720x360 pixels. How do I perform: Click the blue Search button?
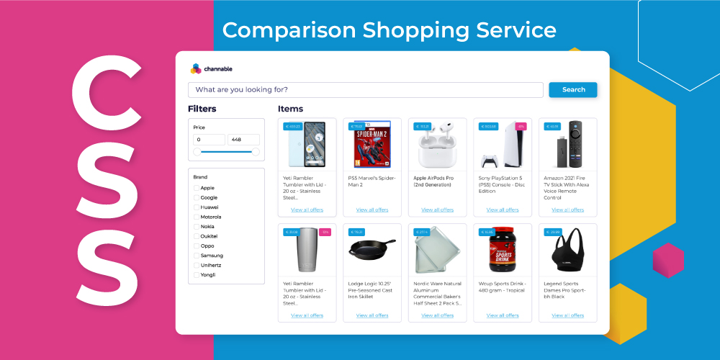573,90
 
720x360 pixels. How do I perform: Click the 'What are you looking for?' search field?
365,90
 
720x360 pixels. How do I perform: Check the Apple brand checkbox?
197,188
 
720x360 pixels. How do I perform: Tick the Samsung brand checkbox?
197,256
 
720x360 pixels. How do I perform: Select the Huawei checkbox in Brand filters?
197,207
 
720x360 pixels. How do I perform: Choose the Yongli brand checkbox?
197,275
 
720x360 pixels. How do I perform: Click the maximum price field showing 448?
243,140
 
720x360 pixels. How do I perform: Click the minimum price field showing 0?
209,140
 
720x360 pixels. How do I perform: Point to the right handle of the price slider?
256,152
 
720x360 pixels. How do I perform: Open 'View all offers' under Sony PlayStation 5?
503,210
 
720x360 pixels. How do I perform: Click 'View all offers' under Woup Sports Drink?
503,315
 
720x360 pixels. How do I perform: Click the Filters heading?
202,109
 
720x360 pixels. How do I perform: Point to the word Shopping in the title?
413,30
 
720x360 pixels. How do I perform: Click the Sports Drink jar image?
502,249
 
